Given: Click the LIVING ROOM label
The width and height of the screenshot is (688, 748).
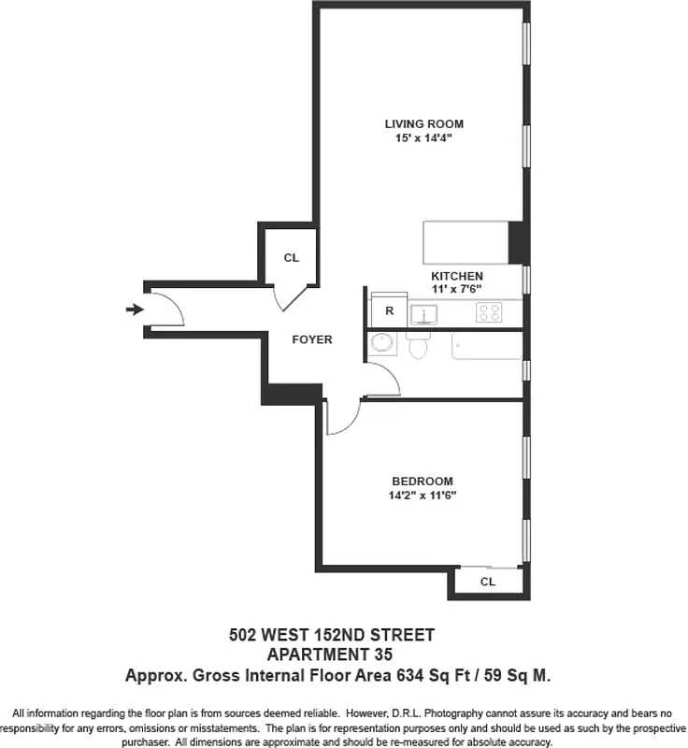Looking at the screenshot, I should (x=423, y=123).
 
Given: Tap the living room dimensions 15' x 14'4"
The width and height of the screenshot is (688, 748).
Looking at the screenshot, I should (x=423, y=138).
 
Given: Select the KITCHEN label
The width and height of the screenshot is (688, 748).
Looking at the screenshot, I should (x=456, y=277).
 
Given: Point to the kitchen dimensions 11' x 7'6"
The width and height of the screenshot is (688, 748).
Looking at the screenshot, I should (x=456, y=291).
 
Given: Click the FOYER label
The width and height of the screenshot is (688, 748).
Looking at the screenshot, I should (x=311, y=339).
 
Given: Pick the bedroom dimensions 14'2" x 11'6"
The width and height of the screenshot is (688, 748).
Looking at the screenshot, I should (x=423, y=496).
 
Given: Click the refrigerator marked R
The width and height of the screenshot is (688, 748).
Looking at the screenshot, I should (x=388, y=310).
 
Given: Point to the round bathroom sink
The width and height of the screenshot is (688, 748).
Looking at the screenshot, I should (x=382, y=344).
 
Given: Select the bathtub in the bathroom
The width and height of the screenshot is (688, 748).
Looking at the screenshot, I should (x=486, y=345).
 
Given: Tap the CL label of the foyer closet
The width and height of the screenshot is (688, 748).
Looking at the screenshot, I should (x=291, y=258).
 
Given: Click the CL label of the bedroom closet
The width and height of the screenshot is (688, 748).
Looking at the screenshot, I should (x=487, y=582).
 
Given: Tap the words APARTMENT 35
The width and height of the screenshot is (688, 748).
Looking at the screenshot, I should (x=331, y=654).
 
